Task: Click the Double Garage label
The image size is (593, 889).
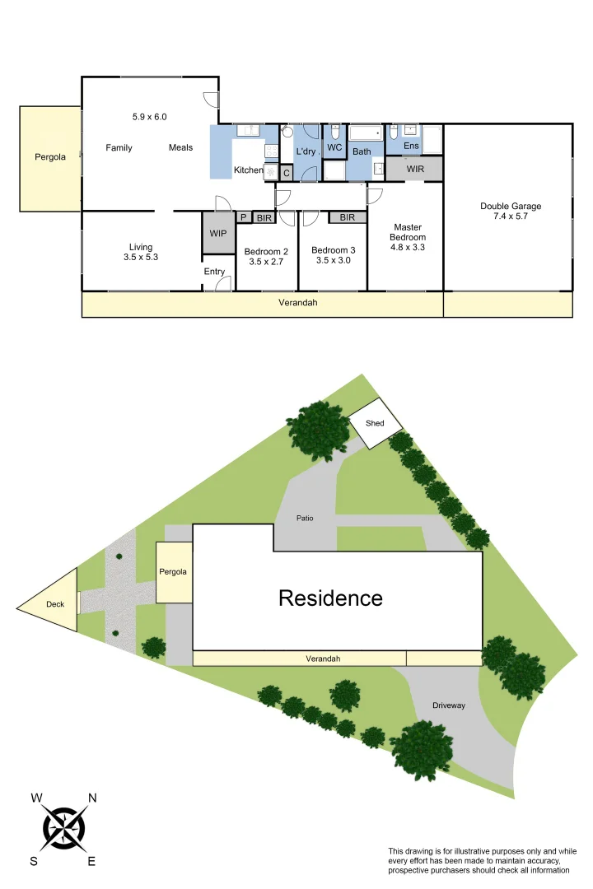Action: coord(511,207)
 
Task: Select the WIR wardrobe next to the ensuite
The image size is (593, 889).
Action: coord(415,169)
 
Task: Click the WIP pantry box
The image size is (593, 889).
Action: coord(218,234)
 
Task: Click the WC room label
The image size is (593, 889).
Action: coord(334,148)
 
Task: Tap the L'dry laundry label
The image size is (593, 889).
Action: coord(306,151)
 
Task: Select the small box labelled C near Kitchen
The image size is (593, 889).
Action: coord(286,173)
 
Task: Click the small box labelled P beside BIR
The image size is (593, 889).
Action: coord(244,217)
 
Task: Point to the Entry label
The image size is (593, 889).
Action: coord(214,272)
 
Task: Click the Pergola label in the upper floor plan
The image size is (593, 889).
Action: coord(50,157)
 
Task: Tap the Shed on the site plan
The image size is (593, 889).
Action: coord(376,423)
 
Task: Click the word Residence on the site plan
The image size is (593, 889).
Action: coord(330,598)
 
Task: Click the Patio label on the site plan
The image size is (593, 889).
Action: coord(305,519)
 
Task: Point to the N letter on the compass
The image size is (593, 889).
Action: coord(92,798)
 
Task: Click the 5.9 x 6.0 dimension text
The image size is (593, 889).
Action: coord(149,117)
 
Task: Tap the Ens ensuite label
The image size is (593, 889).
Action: coord(411,146)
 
